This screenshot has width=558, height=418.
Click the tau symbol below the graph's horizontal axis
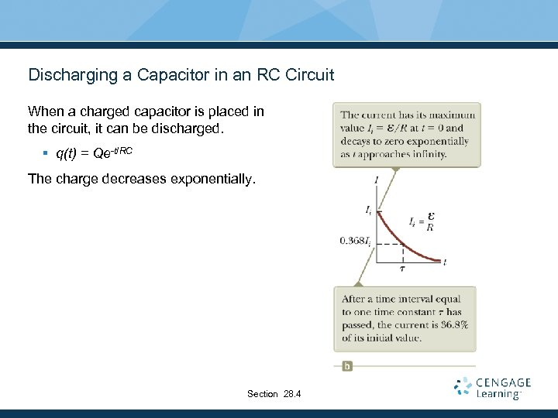click(402, 269)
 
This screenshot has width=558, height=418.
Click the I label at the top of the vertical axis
click(376, 180)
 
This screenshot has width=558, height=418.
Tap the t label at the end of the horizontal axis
click(444, 262)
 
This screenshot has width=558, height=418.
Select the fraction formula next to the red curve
click(422, 222)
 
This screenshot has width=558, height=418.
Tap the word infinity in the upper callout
click(429, 154)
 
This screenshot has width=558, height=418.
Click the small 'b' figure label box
click(347, 365)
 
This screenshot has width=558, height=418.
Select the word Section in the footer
click(262, 394)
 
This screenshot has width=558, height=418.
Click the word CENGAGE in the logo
click(504, 382)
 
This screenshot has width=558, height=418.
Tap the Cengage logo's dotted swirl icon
click(463, 387)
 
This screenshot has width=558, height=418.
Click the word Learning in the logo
click(498, 395)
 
